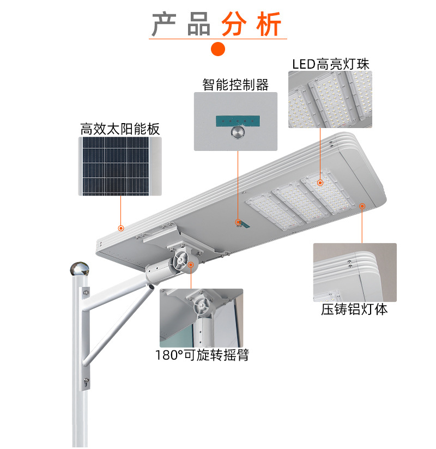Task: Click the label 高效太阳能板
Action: [x=120, y=129]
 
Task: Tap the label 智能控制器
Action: [x=235, y=85]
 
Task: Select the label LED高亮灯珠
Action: [x=331, y=64]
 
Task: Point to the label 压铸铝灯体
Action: [x=354, y=310]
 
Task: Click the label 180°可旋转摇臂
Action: [x=202, y=355]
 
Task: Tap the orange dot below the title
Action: [x=218, y=49]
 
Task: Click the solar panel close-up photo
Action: [x=120, y=166]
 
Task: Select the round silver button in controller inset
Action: [x=238, y=132]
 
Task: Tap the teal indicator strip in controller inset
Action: [x=238, y=121]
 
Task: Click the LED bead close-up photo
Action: [x=330, y=99]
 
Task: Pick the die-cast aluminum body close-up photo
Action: [x=355, y=272]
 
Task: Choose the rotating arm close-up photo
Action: [x=202, y=318]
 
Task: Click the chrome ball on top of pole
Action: [x=80, y=269]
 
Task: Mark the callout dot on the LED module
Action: [x=320, y=183]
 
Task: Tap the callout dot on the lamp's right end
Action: [x=362, y=206]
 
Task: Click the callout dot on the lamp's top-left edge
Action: [x=121, y=228]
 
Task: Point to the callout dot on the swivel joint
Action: [x=191, y=265]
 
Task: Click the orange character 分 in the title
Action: [x=234, y=24]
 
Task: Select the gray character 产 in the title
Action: [x=164, y=24]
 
